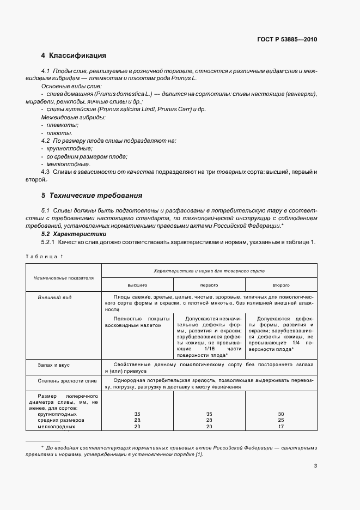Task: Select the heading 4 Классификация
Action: tap(74, 56)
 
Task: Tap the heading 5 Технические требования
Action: tap(91, 195)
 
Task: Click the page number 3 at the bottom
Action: tap(315, 466)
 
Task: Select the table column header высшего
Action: tap(138, 284)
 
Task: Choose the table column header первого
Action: tap(209, 284)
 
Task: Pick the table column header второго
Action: tap(280, 284)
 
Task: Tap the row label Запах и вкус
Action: tap(53, 363)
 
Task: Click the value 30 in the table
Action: tap(280, 414)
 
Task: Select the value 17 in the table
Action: tap(280, 427)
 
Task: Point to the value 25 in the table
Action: tap(280, 420)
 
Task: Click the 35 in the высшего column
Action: tap(138, 414)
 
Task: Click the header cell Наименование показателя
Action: tap(64, 277)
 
